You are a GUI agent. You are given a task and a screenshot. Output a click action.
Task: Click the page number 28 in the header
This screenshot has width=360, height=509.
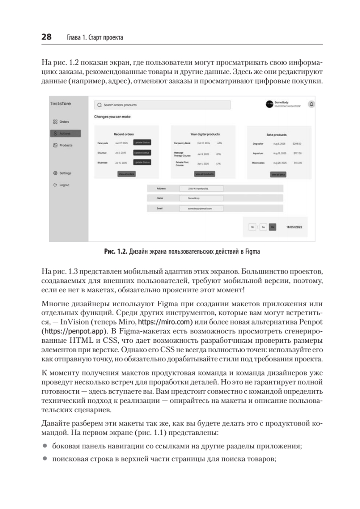[46, 37]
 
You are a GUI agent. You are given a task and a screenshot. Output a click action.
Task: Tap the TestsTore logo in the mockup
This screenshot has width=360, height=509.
[60, 104]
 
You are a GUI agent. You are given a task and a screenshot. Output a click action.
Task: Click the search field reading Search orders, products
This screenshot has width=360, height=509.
[162, 105]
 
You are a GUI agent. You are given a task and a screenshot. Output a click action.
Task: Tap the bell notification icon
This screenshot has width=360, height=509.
[311, 104]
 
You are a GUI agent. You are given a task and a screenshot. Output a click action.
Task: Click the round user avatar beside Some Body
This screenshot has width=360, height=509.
[269, 104]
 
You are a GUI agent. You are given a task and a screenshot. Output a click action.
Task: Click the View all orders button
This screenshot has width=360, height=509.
[126, 174]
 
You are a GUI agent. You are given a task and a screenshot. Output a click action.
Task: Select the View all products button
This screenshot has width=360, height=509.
[204, 174]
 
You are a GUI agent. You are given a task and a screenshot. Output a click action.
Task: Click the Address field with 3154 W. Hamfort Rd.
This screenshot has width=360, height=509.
[201, 188]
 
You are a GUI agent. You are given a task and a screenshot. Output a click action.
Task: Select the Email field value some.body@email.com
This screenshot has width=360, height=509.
[201, 208]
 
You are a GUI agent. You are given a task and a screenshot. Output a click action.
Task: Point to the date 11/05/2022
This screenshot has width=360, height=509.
[294, 227]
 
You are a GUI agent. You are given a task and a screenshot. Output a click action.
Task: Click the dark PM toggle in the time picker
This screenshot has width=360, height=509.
[273, 227]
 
